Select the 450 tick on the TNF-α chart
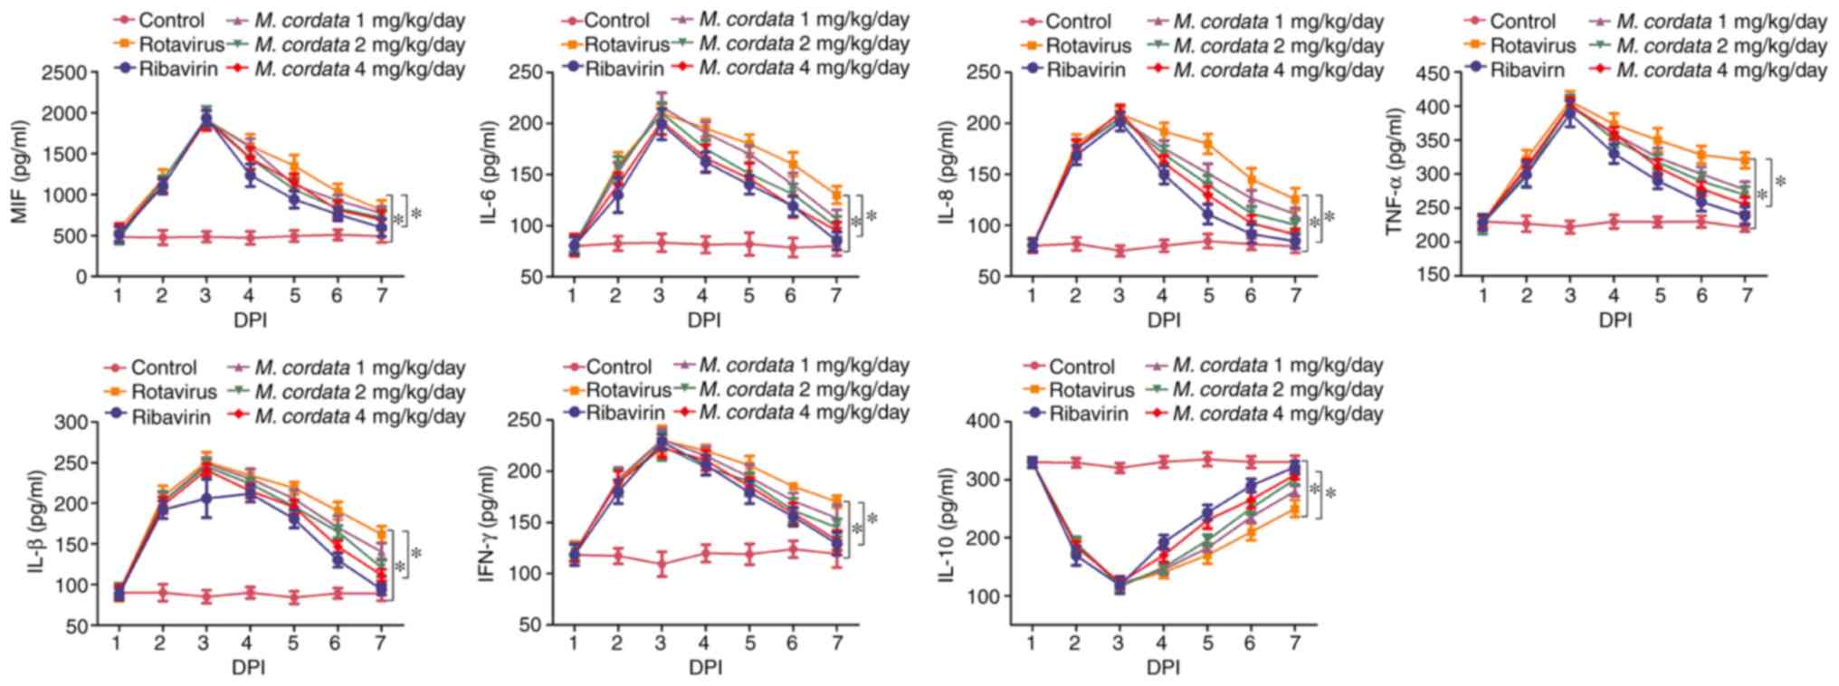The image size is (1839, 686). [1439, 73]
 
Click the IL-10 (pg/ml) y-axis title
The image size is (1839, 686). [947, 525]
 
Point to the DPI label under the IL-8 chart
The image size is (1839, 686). [1164, 319]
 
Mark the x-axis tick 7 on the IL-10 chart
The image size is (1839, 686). [1295, 643]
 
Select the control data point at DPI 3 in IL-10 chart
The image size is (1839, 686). [1119, 468]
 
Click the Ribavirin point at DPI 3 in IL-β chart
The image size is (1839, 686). [205, 498]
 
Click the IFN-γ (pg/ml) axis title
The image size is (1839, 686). [487, 523]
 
